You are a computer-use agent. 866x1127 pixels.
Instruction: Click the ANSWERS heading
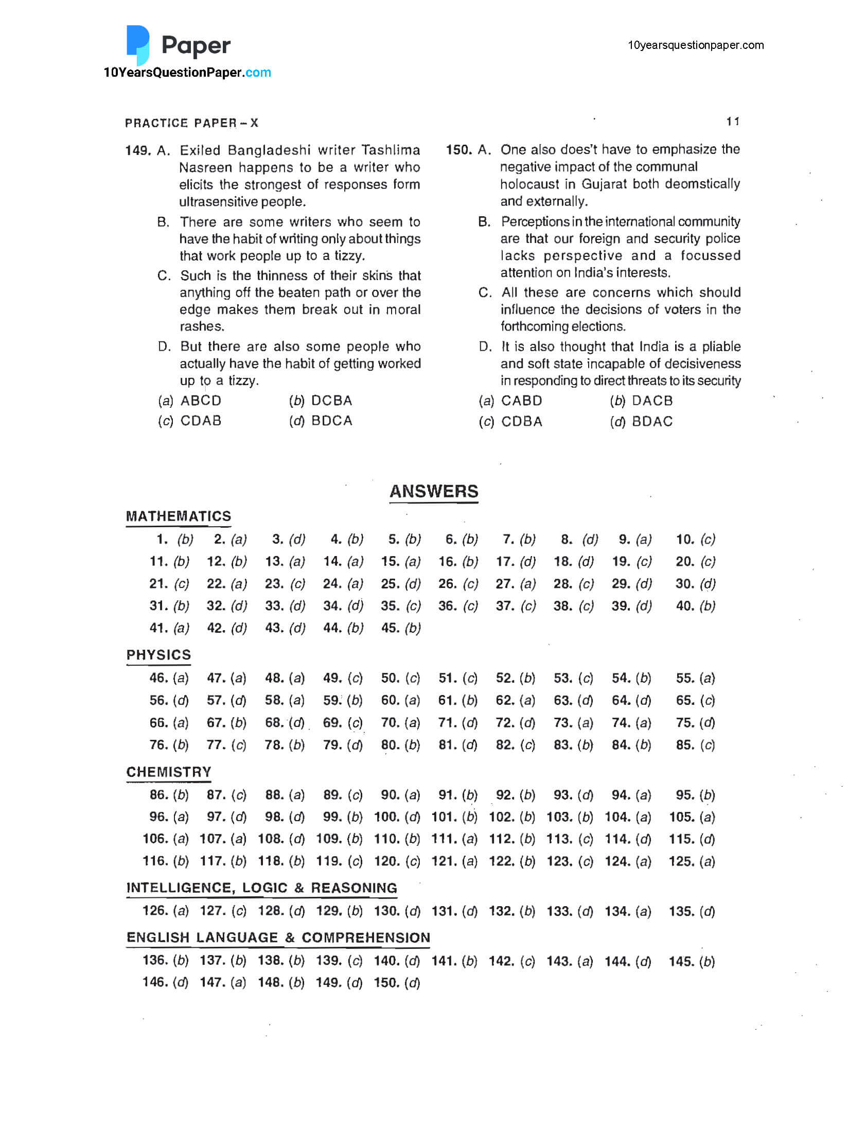tap(434, 491)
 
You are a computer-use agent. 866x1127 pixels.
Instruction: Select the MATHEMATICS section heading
tap(179, 516)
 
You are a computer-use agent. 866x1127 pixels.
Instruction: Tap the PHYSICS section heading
tap(158, 654)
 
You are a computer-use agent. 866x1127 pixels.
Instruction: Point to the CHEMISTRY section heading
tap(169, 772)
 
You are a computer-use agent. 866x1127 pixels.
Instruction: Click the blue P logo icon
tap(137, 44)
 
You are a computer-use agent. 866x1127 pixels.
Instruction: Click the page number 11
tap(733, 122)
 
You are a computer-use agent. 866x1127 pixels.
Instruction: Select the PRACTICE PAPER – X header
tap(191, 123)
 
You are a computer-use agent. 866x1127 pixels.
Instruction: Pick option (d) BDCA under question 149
tap(321, 421)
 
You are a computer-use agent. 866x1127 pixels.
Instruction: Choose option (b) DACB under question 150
tap(641, 401)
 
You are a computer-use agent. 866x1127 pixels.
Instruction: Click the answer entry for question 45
tap(400, 628)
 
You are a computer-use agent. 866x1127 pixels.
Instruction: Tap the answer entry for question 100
tap(396, 817)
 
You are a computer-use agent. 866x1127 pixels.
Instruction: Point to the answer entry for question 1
tap(175, 539)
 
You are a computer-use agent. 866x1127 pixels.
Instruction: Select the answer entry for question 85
tap(695, 745)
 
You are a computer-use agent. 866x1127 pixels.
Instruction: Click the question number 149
tap(137, 151)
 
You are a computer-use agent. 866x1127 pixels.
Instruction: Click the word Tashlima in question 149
tap(390, 150)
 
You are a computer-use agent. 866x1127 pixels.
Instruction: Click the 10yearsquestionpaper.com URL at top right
tap(695, 45)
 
